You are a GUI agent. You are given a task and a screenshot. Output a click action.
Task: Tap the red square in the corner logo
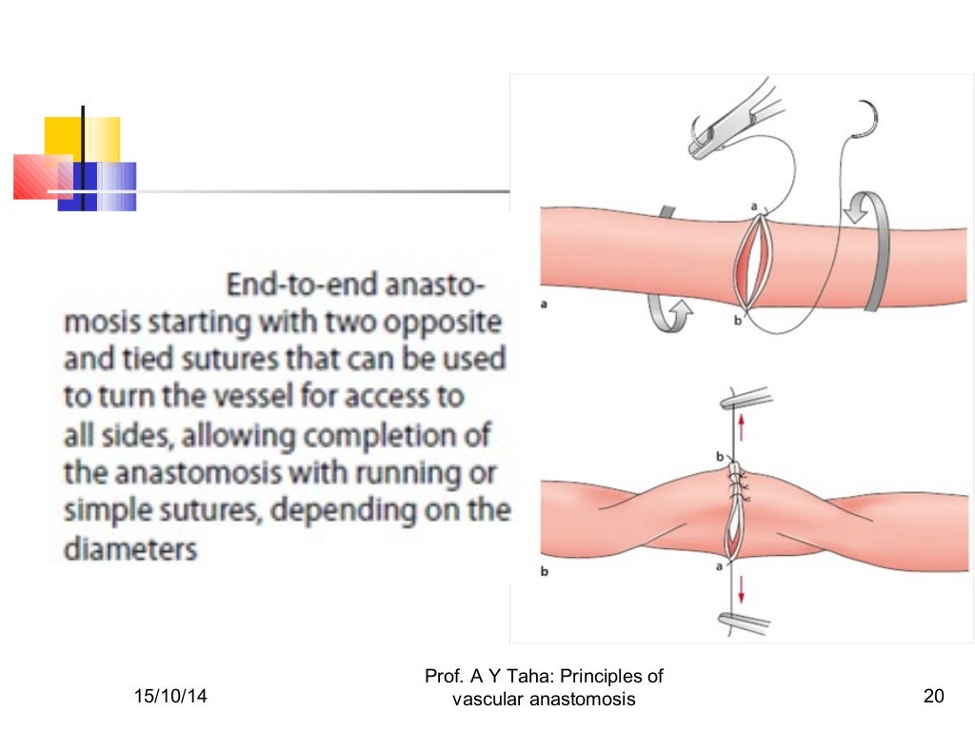[x=38, y=177]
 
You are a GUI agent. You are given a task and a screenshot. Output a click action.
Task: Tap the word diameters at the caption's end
[x=129, y=549]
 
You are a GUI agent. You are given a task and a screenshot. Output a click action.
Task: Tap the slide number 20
[x=933, y=698]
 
